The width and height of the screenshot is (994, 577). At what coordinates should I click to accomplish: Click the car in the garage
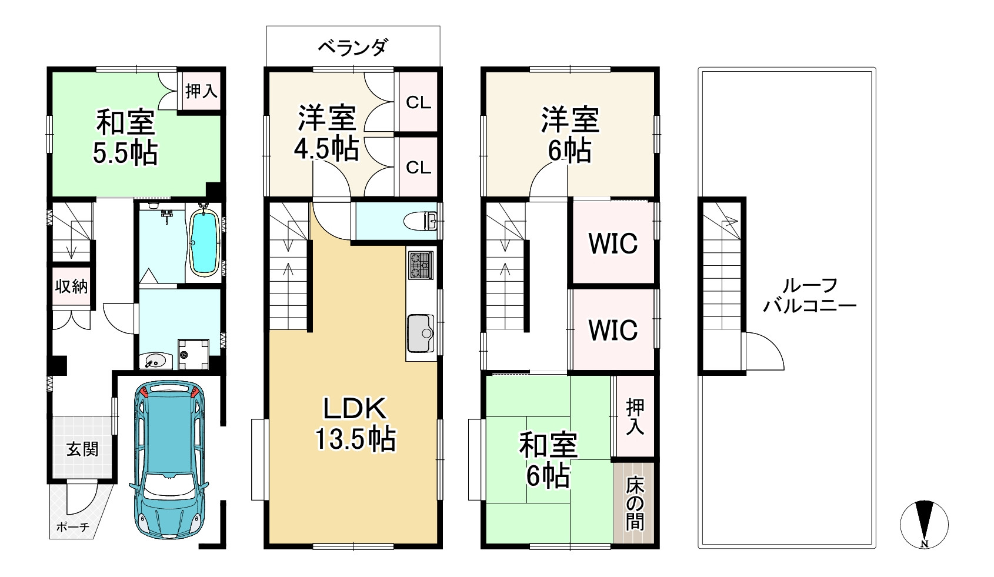point(169,462)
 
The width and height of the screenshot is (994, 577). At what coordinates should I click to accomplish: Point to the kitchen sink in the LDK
point(420,332)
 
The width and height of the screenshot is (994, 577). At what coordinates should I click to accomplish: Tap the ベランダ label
point(353,47)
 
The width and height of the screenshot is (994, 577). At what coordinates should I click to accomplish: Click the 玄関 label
point(82,450)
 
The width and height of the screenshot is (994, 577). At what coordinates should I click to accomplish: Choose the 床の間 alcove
point(634,503)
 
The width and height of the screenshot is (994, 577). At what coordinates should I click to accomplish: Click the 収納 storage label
point(72,286)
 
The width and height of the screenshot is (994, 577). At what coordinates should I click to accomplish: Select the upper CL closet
point(419,102)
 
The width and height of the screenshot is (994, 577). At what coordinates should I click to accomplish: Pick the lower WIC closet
point(613,330)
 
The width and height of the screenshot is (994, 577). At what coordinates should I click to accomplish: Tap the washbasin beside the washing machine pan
point(155,360)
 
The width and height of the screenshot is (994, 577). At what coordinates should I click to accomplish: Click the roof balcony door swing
point(765,352)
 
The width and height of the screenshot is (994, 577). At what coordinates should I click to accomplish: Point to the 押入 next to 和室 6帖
point(634,416)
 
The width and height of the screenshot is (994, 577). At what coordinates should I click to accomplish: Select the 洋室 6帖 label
point(569,135)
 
